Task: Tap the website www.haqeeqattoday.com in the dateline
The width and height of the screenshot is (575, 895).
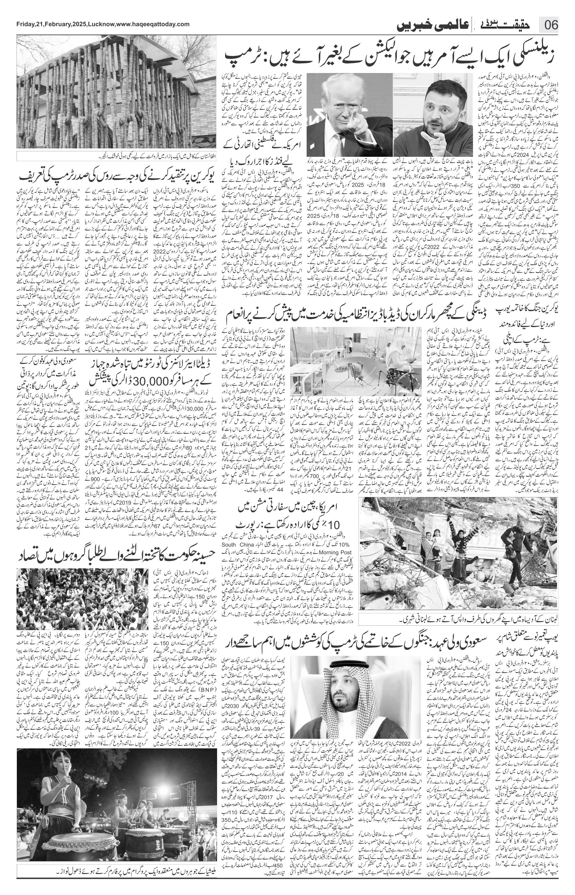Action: point(153,24)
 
